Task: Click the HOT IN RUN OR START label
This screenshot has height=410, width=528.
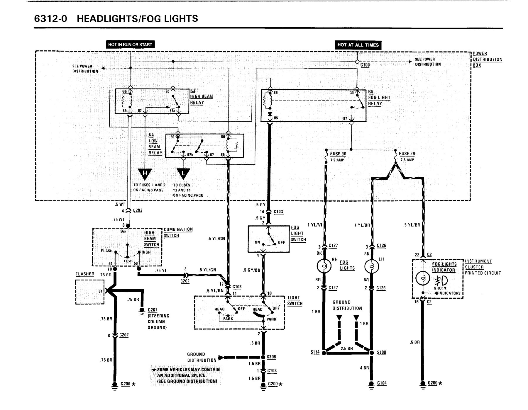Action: (130, 45)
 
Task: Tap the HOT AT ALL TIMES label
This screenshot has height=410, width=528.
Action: (358, 45)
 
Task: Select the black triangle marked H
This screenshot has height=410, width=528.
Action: (145, 174)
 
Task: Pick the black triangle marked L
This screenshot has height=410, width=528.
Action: (183, 174)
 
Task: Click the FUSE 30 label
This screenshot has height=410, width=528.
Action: (338, 154)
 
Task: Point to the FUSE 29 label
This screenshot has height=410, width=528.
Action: (407, 154)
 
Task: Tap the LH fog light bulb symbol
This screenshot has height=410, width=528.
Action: (371, 266)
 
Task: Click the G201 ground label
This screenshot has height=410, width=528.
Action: (153, 310)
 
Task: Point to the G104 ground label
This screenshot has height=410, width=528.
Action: (382, 383)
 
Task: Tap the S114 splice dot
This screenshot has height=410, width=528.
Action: (324, 353)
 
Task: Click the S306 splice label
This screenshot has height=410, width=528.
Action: (272, 357)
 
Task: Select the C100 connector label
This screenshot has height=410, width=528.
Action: (365, 65)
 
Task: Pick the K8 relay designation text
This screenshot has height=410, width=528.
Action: (371, 91)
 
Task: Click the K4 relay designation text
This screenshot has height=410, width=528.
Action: (151, 135)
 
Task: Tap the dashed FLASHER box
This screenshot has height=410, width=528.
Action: (90, 292)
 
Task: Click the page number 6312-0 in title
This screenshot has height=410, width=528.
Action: (51, 19)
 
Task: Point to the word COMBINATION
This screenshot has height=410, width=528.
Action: (178, 229)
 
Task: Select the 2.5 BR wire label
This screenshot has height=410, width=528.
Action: (347, 348)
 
